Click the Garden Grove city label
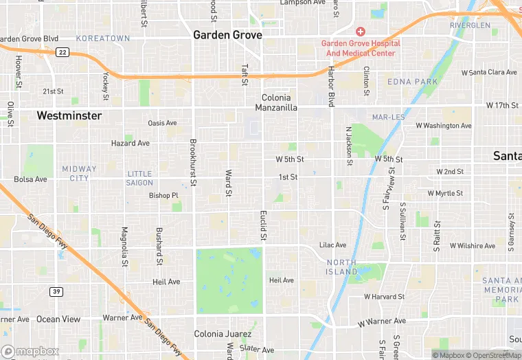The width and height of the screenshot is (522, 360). (227, 34)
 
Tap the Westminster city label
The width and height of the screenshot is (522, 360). (69, 115)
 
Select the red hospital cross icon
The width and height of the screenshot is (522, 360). (360, 32)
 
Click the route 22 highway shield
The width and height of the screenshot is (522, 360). (63, 52)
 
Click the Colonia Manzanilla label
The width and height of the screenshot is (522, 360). (276, 103)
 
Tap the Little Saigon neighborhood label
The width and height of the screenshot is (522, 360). (139, 178)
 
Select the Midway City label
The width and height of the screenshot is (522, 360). (80, 173)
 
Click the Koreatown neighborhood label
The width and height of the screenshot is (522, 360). (102, 38)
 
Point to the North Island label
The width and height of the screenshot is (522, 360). (341, 267)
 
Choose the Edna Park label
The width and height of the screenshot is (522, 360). (412, 82)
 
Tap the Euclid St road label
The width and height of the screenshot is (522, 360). (263, 226)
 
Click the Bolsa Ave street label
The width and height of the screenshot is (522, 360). (30, 179)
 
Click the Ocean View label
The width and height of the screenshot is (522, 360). (58, 319)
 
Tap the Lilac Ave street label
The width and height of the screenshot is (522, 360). (333, 245)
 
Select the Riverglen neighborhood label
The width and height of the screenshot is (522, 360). (470, 25)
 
